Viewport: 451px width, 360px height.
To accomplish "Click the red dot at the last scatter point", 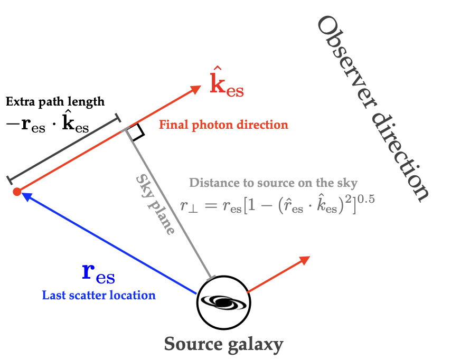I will pyautogui.click(x=17, y=192).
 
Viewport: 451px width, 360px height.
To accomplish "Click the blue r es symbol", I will pyautogui.click(x=99, y=272).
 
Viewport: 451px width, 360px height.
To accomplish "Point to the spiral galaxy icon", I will pyautogui.click(x=223, y=301).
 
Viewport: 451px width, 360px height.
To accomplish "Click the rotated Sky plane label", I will pyautogui.click(x=155, y=204).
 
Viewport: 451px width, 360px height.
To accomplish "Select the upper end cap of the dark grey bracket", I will pyautogui.click(x=117, y=117).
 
